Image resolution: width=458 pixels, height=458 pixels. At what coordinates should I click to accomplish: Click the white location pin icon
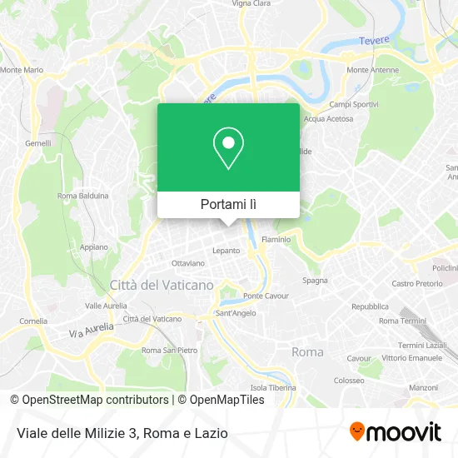click(228, 147)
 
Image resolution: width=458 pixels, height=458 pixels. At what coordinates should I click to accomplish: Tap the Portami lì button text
click(228, 204)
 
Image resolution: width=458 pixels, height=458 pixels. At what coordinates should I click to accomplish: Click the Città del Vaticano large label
click(162, 285)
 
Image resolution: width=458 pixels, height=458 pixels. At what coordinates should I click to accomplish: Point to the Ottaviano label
click(187, 263)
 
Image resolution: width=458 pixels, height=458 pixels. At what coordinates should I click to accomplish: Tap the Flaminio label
click(276, 239)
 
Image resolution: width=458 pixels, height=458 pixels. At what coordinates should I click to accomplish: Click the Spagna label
click(315, 281)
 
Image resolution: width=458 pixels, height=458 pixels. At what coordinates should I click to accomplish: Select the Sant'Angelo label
click(236, 313)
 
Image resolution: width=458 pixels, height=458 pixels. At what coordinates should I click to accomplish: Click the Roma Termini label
click(401, 321)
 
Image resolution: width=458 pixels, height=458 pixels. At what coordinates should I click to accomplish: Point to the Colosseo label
click(348, 380)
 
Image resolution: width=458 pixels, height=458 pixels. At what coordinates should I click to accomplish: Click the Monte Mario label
click(22, 70)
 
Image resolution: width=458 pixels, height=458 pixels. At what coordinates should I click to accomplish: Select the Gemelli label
click(38, 143)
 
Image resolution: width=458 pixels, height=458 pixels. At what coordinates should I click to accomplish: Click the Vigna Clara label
click(251, 3)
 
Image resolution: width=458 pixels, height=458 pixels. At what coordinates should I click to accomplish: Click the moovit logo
click(396, 431)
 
